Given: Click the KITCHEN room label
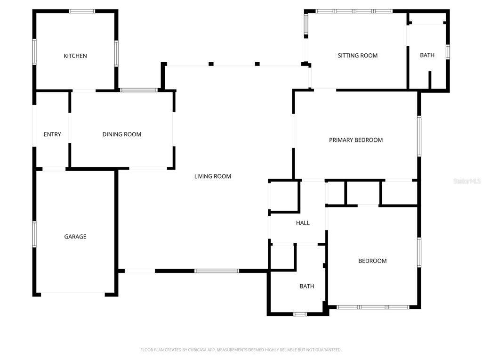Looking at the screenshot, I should click(x=75, y=56).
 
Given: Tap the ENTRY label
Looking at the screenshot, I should click(x=52, y=134).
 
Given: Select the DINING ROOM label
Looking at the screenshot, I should click(x=122, y=134).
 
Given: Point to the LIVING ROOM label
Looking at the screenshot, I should click(x=213, y=176).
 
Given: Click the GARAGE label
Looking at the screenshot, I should click(x=75, y=237).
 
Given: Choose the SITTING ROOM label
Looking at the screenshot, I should click(x=358, y=56).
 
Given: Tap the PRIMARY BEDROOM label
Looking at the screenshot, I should click(x=356, y=140).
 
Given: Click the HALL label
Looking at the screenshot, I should click(x=303, y=223).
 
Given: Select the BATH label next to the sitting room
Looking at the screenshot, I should click(x=427, y=56).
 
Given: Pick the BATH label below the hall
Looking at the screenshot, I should click(x=307, y=286).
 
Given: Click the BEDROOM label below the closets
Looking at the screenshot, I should click(x=372, y=261).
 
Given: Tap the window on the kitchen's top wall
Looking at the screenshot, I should click(x=82, y=11).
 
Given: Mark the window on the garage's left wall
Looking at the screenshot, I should click(x=34, y=234).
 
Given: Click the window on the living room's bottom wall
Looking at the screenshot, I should click(x=217, y=271).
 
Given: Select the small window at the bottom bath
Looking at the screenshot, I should click(x=300, y=314).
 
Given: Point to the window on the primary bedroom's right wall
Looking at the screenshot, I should click(x=419, y=136).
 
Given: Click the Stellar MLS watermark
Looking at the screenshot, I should click(x=466, y=181).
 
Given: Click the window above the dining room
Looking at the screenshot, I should click(x=138, y=90).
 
